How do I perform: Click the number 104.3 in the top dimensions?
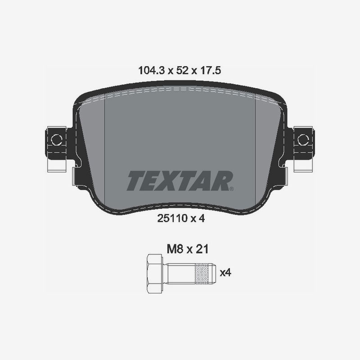tap(150, 70)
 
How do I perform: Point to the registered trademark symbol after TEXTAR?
tap(231, 189)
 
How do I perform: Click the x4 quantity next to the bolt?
tap(225, 273)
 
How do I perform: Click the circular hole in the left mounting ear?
tap(56, 139)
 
